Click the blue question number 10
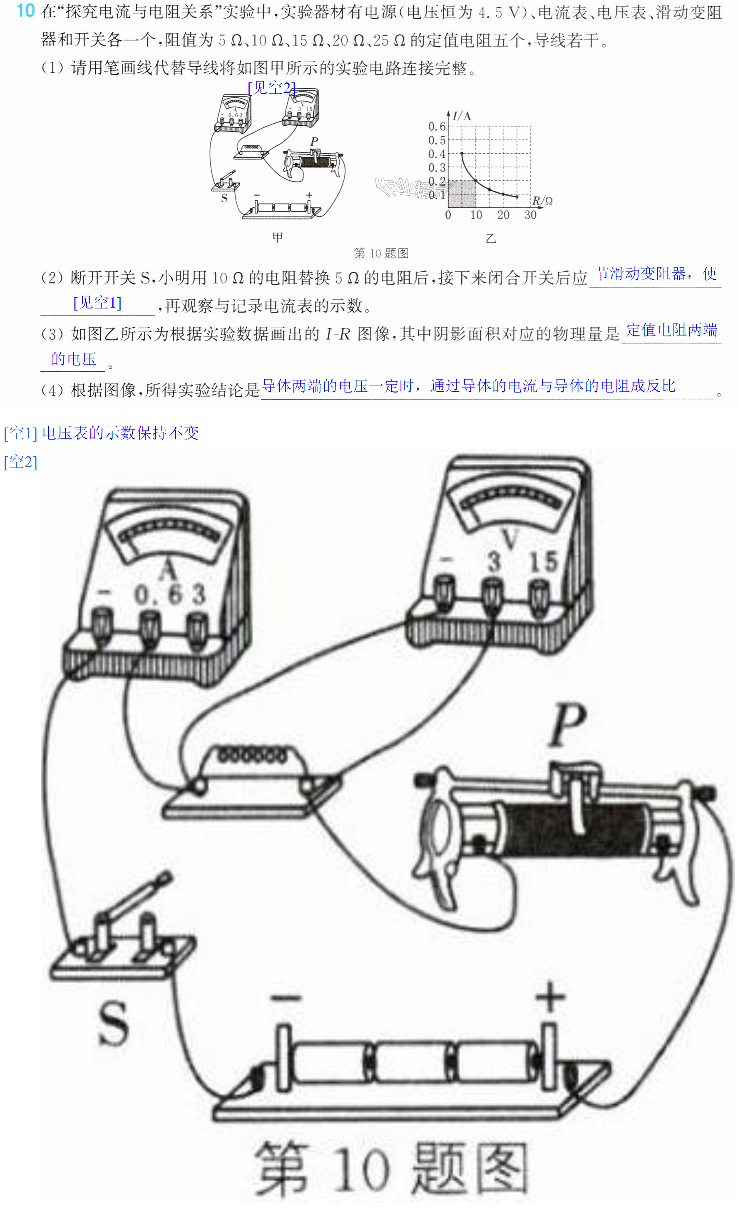click(26, 11)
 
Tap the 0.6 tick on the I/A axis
click(436, 127)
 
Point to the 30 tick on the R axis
click(530, 215)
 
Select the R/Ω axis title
click(542, 201)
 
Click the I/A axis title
click(462, 116)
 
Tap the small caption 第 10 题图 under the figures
click(381, 253)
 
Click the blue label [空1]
click(20, 433)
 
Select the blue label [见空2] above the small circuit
click(272, 88)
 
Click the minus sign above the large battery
click(286, 998)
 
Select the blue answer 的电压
click(74, 359)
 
